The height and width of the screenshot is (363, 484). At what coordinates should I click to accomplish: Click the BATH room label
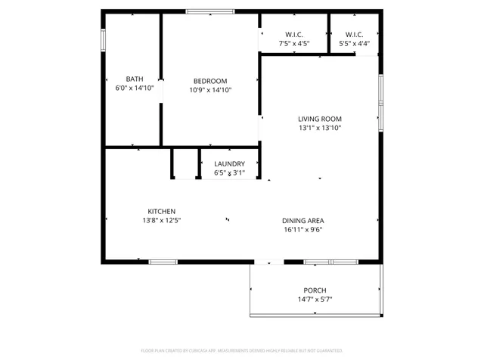135,79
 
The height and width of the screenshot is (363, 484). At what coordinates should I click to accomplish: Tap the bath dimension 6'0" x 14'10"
135,88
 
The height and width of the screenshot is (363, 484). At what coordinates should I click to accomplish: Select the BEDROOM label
209,81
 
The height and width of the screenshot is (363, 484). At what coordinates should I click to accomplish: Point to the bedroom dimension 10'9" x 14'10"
209,90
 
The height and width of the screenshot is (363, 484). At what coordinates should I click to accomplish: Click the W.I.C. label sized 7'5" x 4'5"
294,35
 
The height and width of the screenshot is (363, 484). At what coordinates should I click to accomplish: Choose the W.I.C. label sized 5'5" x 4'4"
354,35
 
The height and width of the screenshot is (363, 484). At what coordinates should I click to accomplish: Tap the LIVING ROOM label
319,119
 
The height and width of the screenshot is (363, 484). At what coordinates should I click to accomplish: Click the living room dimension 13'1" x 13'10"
319,128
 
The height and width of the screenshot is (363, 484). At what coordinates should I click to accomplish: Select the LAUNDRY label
228,164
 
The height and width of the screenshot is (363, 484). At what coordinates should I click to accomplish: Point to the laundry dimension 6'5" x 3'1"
228,173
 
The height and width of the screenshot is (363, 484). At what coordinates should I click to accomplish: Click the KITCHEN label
161,211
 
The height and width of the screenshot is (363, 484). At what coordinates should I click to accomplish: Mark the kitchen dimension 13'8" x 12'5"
161,220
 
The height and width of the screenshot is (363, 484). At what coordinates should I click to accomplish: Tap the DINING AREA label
303,221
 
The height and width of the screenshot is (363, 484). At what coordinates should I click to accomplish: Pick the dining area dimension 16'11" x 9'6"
303,230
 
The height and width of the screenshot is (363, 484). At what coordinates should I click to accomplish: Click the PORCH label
315,290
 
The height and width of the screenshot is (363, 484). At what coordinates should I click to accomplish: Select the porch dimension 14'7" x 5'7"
315,299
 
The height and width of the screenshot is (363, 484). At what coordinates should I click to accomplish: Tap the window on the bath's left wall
104,39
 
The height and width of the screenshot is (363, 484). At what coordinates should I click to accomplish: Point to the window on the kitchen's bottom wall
163,262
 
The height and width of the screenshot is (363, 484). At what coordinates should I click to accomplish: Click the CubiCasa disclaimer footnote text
242,351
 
